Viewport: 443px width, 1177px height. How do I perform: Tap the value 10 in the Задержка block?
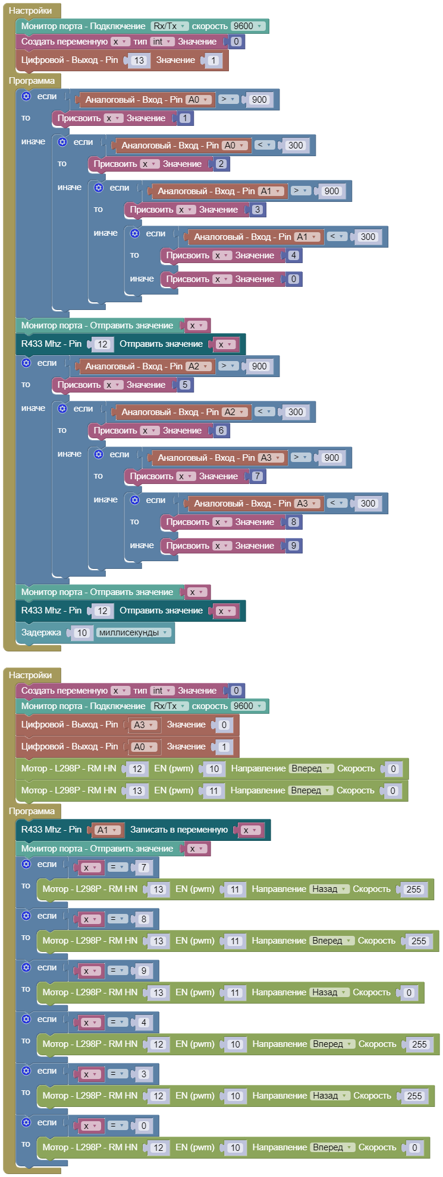pos(82,632)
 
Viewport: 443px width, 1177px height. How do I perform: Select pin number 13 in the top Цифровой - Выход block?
pos(139,60)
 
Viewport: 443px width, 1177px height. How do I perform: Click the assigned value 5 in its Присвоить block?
pos(185,385)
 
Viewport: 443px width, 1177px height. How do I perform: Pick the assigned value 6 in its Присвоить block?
pos(221,431)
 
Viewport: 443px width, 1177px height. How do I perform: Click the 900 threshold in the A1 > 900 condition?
pos(332,191)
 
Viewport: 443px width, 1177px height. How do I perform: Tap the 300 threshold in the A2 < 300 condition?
pos(296,412)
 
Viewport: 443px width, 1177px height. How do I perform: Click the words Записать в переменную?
pos(179,830)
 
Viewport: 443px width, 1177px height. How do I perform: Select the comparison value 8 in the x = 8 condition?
pos(143,919)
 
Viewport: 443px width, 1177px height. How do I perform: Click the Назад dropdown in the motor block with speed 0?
pos(328,992)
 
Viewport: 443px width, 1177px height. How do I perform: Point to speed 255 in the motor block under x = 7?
pos(413,889)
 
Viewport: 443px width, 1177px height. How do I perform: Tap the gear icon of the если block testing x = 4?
pos(26,1019)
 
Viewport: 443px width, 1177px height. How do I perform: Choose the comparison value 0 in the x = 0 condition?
pos(143,1125)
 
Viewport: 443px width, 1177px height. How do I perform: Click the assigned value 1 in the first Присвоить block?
pos(185,118)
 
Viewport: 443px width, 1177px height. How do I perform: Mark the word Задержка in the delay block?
pos(41,632)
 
